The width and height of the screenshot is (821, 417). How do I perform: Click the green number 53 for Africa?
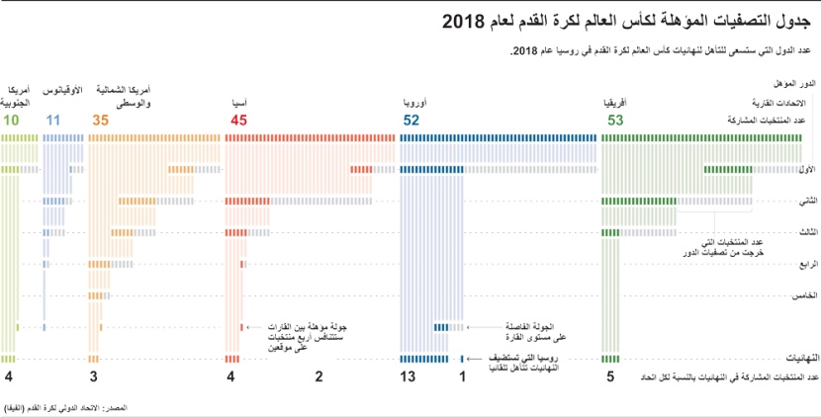tap(615, 121)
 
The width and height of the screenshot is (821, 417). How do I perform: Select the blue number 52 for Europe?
tap(410, 121)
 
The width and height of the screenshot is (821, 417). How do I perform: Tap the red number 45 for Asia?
tap(238, 121)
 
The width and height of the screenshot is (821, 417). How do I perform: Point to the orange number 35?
tap(100, 121)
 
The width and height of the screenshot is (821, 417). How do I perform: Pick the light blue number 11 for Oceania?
tap(53, 121)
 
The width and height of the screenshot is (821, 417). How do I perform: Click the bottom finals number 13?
tap(408, 377)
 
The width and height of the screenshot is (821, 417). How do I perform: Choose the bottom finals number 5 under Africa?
tap(609, 377)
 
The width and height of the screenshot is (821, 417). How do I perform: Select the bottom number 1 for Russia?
tap(462, 377)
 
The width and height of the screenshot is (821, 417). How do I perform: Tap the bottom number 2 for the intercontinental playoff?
tap(319, 377)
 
